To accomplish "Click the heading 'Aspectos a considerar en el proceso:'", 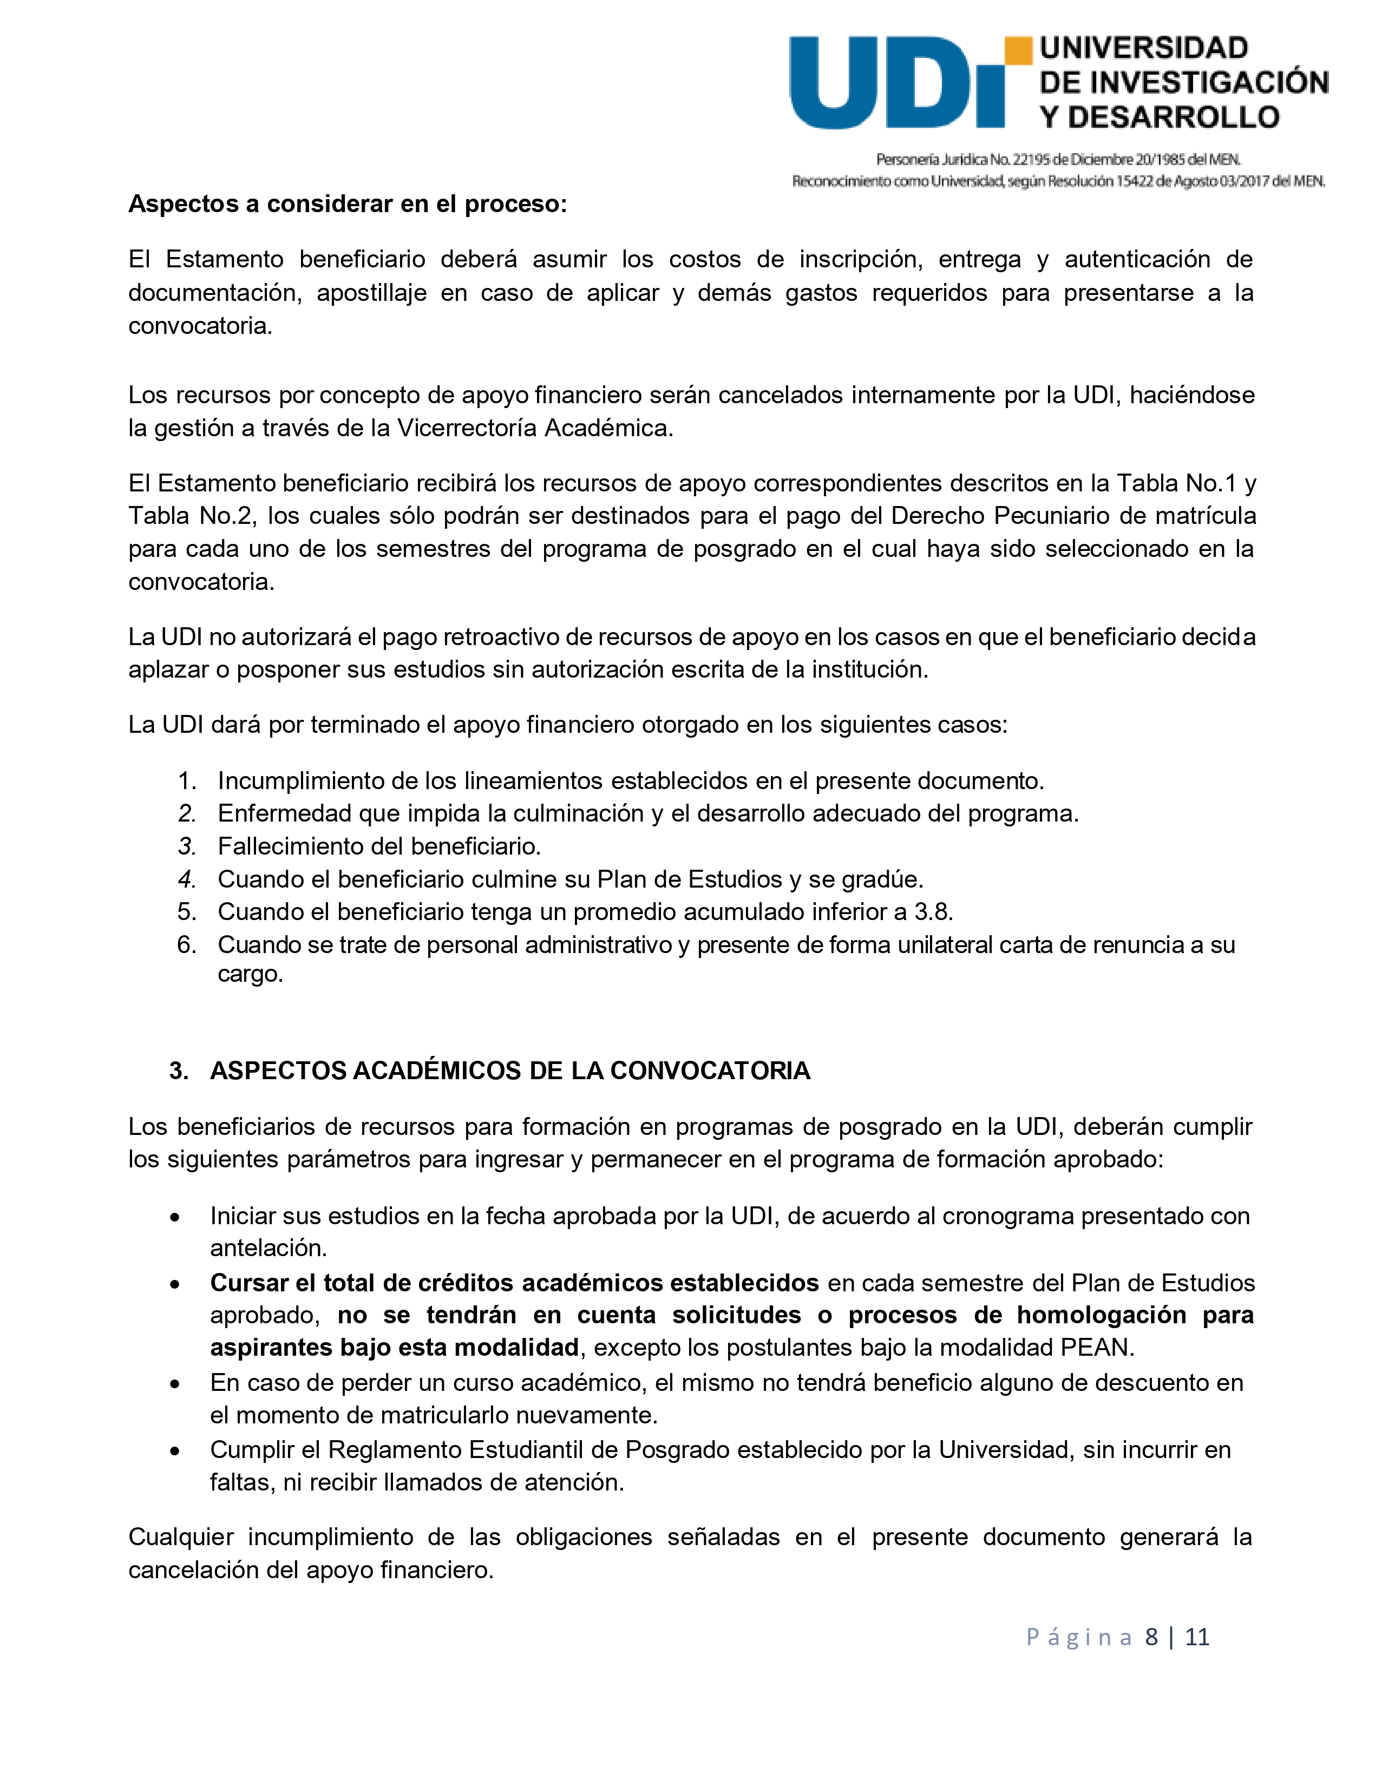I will pyautogui.click(x=348, y=203).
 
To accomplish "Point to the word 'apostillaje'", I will pyautogui.click(x=371, y=293).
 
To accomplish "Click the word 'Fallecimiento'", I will pyautogui.click(x=290, y=846).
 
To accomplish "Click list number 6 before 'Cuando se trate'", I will pyautogui.click(x=186, y=944).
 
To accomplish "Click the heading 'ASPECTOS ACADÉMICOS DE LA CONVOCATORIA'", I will pyautogui.click(x=509, y=1071).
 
